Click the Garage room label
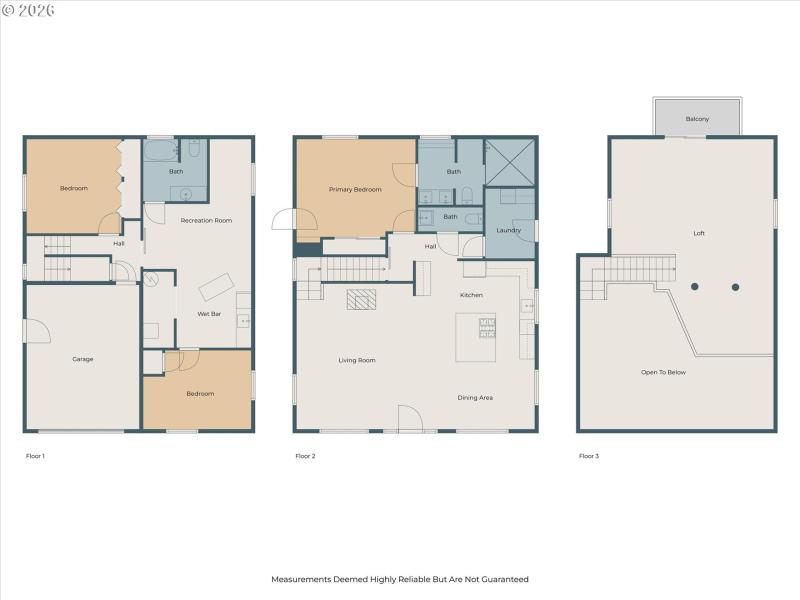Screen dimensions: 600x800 tap(82, 359)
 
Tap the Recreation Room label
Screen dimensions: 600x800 tap(206, 220)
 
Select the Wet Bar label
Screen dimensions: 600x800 tap(209, 315)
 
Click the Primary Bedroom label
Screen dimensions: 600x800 tap(355, 189)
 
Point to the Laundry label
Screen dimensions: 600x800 tap(509, 231)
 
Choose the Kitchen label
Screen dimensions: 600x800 tap(472, 295)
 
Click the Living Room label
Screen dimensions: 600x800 tap(357, 360)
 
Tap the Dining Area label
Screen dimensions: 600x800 tap(475, 397)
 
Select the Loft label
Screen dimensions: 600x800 tap(699, 233)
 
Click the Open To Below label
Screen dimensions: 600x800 tap(663, 372)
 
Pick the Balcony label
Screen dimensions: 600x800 tap(697, 119)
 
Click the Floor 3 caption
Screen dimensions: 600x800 tap(589, 456)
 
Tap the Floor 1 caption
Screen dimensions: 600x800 tap(35, 456)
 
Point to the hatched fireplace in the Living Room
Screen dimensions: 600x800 tap(361, 299)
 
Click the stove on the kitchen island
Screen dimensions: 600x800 tap(486, 327)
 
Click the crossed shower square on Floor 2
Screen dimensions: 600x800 tap(510, 162)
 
